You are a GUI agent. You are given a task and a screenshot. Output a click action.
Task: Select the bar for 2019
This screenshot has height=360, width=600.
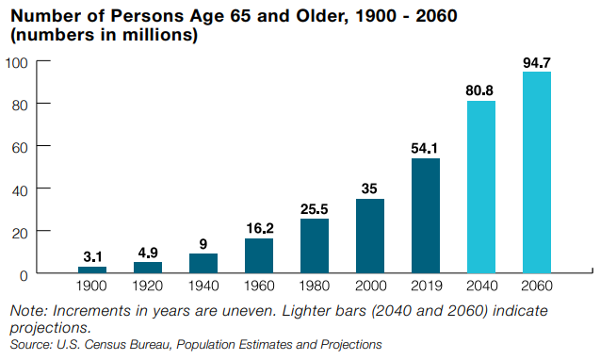426,216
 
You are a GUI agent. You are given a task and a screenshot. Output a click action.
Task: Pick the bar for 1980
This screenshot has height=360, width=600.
315,246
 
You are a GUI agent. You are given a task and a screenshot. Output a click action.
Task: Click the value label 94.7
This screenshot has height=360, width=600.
537,63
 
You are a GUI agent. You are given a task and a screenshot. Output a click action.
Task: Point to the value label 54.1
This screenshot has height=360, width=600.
426,149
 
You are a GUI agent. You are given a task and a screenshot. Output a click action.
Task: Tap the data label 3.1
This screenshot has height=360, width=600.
92,257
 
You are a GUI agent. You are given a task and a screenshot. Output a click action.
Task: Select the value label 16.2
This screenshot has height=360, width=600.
259,229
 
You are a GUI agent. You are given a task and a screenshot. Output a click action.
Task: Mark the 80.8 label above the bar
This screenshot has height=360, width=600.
481,92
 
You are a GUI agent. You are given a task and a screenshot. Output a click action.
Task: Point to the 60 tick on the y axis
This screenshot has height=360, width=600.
19,147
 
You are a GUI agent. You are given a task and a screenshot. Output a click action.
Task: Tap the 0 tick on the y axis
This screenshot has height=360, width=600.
23,274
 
